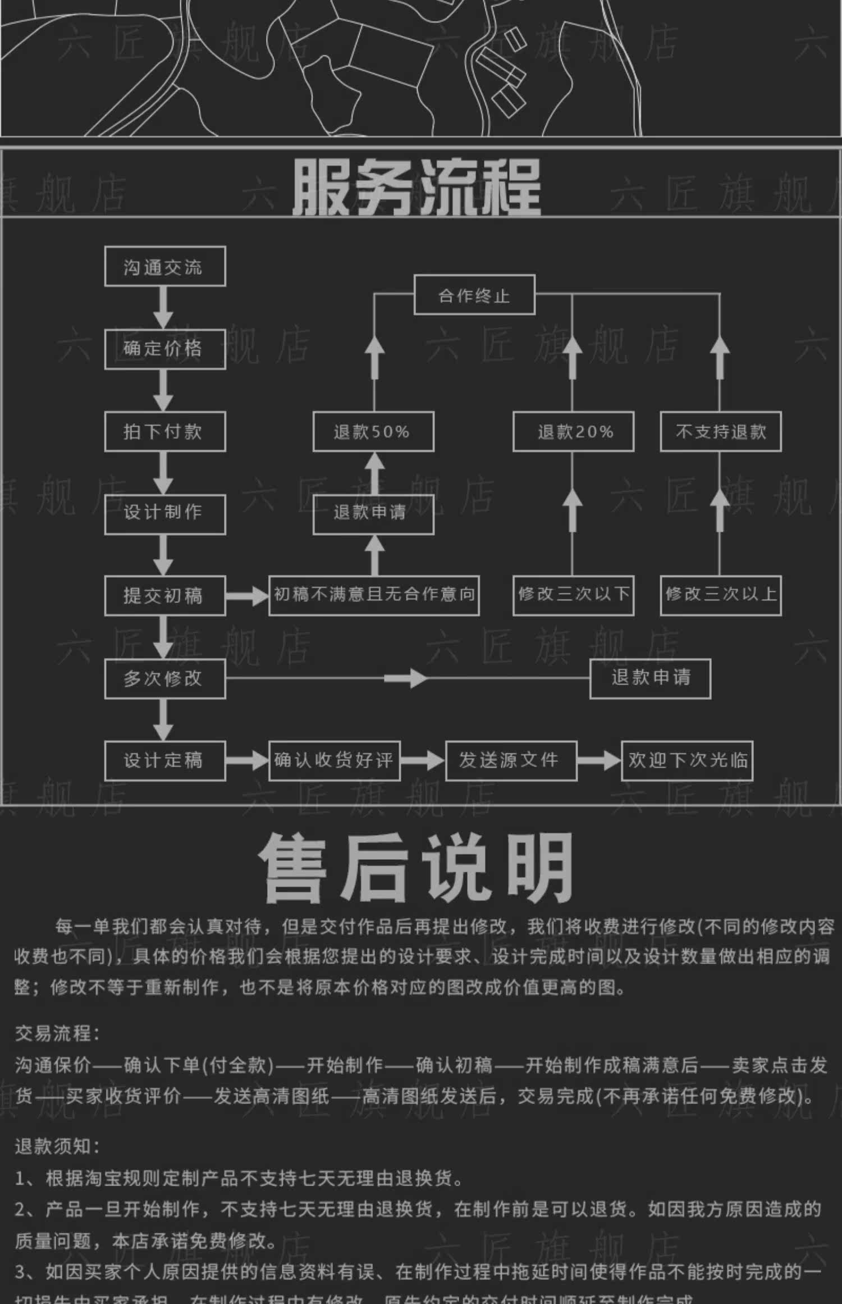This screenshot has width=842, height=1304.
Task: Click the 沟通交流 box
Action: tap(165, 267)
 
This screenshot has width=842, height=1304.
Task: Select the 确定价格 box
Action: tap(165, 349)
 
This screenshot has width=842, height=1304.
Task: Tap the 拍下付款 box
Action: tap(165, 431)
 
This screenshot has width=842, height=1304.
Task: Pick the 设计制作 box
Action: tap(165, 514)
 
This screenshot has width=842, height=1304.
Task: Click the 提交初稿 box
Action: tap(165, 595)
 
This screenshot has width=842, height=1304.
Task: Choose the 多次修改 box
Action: tap(165, 678)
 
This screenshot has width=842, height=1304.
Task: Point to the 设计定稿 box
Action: tap(165, 761)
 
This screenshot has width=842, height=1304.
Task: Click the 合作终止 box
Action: tap(474, 295)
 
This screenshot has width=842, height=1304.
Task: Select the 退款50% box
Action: tap(373, 431)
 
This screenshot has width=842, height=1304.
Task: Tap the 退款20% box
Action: tap(573, 431)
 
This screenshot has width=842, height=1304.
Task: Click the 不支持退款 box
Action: tap(721, 431)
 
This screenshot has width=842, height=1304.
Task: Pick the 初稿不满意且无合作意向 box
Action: tap(374, 595)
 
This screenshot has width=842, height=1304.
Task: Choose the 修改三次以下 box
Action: tap(573, 595)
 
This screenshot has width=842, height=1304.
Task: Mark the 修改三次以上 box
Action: tap(721, 595)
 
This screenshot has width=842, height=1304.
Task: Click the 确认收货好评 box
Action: tap(335, 761)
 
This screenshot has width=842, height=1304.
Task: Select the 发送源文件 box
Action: tap(511, 761)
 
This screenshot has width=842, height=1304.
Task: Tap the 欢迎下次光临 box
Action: tap(687, 761)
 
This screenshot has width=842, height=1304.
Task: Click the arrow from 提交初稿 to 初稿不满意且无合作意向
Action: tap(247, 596)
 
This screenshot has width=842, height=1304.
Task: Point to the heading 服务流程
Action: tap(417, 187)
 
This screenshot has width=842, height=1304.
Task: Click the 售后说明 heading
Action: tap(417, 868)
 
